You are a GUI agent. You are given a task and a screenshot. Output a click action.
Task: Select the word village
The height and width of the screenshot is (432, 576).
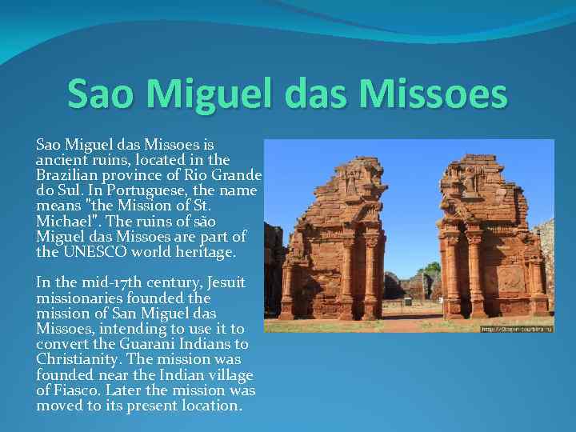(x=226, y=375)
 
